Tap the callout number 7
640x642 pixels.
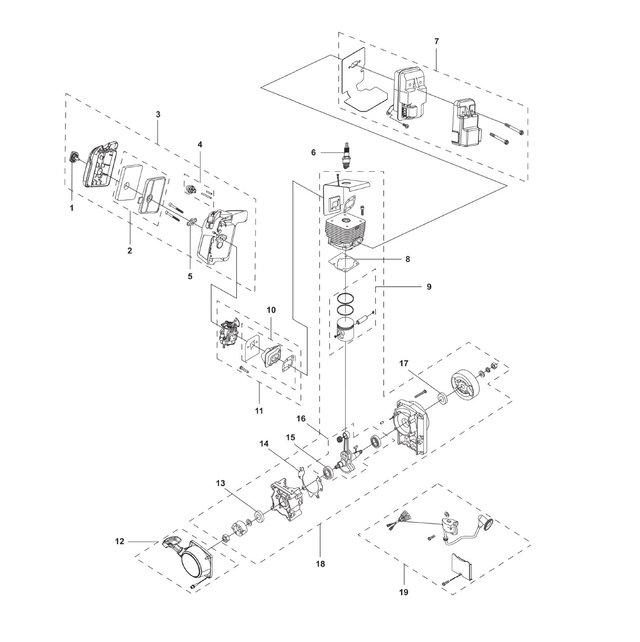coord(437,42)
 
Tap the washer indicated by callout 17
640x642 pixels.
coord(443,398)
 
